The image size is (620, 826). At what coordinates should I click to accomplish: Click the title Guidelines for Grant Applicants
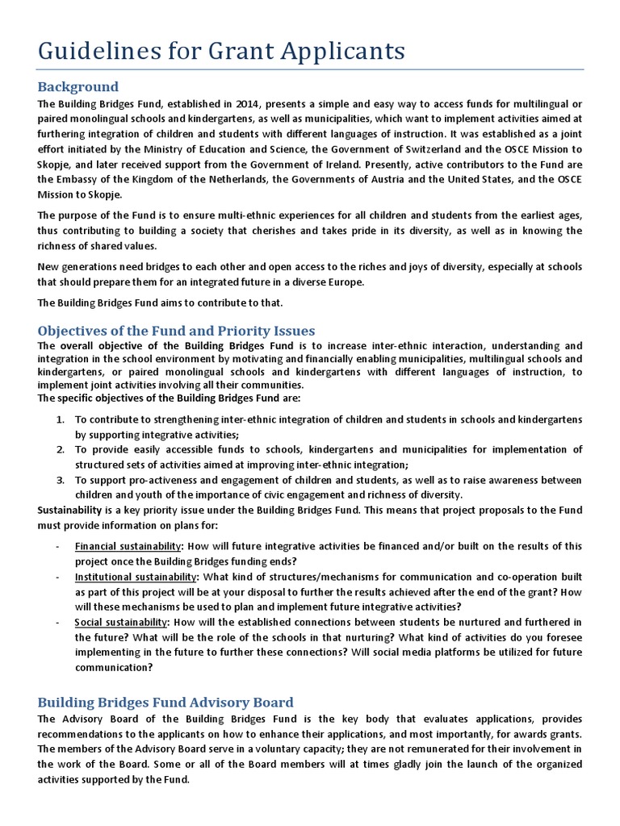pyautogui.click(x=221, y=51)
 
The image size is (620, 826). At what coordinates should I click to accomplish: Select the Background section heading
pyautogui.click(x=78, y=86)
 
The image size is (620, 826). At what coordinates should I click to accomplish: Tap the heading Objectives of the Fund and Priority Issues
pyautogui.click(x=176, y=331)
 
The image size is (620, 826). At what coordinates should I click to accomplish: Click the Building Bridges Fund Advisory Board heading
pyautogui.click(x=165, y=702)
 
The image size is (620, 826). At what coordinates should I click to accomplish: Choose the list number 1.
pyautogui.click(x=61, y=420)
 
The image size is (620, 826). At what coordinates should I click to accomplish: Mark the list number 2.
pyautogui.click(x=61, y=449)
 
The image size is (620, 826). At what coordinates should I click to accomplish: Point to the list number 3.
pyautogui.click(x=61, y=479)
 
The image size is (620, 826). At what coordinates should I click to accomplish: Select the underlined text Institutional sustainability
pyautogui.click(x=136, y=577)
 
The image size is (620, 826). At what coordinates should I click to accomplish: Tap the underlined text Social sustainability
pyautogui.click(x=120, y=622)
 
